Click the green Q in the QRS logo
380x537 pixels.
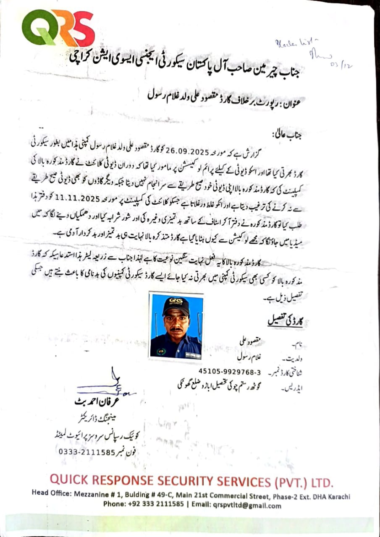pyautogui.click(x=37, y=28)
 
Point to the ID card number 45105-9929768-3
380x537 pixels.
pyautogui.click(x=230, y=372)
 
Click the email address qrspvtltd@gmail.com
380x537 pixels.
pyautogui.click(x=248, y=506)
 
